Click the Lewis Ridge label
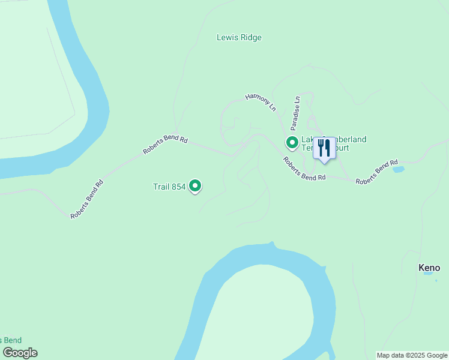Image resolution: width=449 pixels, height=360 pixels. (x=239, y=37)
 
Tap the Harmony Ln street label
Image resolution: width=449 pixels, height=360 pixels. (x=261, y=102)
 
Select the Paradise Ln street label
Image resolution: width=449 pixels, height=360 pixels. (x=295, y=113)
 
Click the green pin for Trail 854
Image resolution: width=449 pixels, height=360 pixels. (x=195, y=186)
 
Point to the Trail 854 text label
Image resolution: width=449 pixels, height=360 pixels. (x=169, y=187)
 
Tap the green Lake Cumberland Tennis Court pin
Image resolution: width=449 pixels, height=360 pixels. (x=292, y=143)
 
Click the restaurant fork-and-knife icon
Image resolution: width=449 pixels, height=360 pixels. (x=324, y=148)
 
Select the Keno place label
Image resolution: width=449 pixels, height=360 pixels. (x=429, y=268)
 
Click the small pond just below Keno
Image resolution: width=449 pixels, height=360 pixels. (x=427, y=274)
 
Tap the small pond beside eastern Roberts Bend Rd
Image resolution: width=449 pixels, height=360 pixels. (x=399, y=169)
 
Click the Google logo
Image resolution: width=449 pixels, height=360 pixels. (x=20, y=353)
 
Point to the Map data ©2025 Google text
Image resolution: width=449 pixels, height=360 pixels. (x=412, y=355)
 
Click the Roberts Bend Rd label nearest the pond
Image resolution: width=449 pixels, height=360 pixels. (x=377, y=172)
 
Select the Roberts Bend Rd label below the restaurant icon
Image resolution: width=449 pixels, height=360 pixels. (x=304, y=169)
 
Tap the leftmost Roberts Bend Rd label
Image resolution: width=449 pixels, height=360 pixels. (x=87, y=199)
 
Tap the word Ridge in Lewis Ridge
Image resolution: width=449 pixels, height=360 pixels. (x=250, y=37)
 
